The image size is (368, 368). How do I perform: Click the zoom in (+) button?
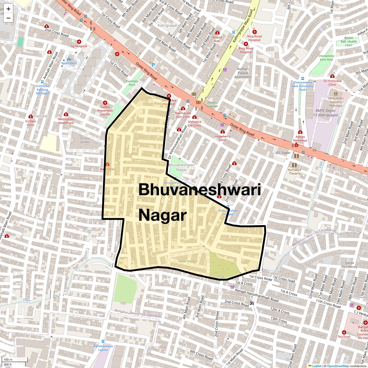pos(8,9)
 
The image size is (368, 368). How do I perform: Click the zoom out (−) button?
pos(8,18)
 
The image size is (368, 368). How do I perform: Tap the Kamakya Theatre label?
pos(294,171)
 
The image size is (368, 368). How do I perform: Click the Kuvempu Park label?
pos(130,83)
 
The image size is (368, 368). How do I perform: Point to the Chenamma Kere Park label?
pos(326,58)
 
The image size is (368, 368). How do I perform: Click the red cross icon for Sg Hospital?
pos(79,41)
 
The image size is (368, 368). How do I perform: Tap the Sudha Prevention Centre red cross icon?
pos(105,103)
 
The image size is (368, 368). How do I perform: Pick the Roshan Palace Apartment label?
pos(243,73)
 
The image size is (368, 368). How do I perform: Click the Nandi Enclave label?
pos(188,261)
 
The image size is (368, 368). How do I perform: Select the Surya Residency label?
pos(349,265)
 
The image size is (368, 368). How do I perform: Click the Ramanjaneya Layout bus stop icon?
pos(103,341)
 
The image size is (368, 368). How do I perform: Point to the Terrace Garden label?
pos(85,140)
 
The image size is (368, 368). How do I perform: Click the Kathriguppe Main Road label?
pos(243,26)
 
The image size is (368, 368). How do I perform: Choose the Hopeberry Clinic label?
pos(223,138)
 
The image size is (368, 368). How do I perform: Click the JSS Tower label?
pos(283,153)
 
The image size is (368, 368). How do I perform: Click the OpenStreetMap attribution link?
pos(338,366)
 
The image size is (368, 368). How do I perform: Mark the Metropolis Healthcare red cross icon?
pos(66,114)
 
